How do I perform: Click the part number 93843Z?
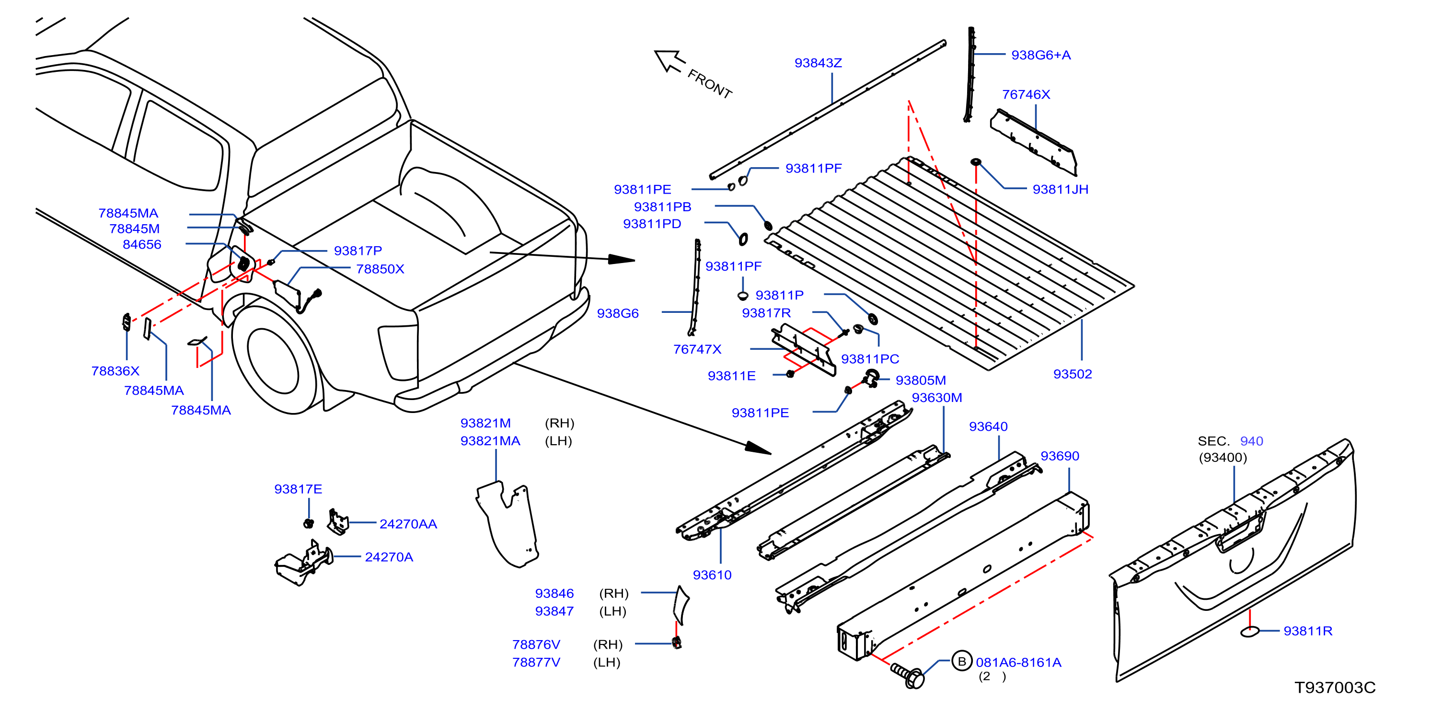(818, 63)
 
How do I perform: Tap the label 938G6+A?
(1040, 55)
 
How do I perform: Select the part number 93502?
(1072, 374)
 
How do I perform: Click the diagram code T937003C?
(1335, 687)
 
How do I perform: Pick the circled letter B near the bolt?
(962, 661)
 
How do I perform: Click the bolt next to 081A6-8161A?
(907, 675)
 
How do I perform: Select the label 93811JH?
(1060, 189)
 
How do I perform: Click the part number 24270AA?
(408, 524)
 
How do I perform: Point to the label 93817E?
(298, 489)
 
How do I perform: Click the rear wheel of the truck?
(273, 360)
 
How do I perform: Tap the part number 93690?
(1060, 456)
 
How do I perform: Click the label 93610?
(712, 575)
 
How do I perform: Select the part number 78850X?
(380, 269)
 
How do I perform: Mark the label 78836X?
(115, 371)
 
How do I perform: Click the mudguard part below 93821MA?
(508, 525)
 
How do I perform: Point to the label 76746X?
(1026, 94)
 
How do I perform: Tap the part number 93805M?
(921, 380)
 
